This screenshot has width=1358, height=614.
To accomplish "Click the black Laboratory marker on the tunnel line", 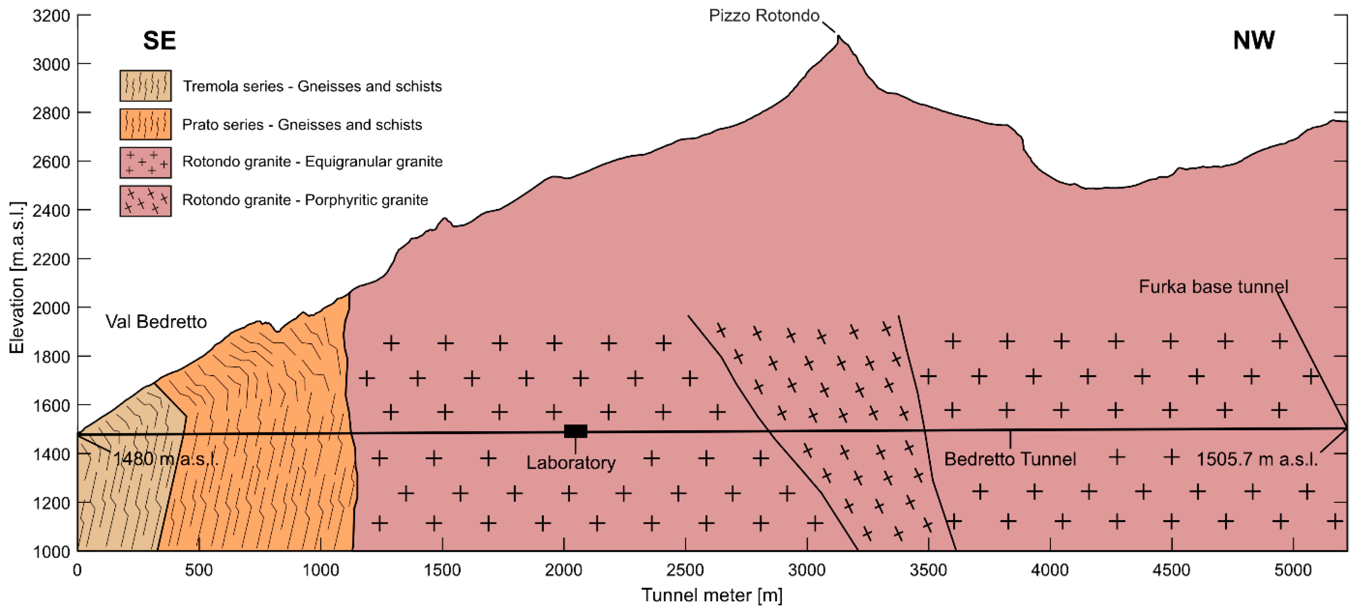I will click(x=575, y=431).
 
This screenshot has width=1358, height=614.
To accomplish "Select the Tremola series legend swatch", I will click(x=146, y=85).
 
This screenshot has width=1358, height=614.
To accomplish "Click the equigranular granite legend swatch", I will click(x=146, y=162).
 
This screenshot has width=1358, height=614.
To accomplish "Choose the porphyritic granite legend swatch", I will click(x=146, y=200).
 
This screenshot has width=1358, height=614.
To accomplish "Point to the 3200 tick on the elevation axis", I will click(x=51, y=16).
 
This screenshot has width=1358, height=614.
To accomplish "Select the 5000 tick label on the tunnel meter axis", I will click(x=1293, y=570).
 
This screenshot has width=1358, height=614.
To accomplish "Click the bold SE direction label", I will click(x=159, y=41).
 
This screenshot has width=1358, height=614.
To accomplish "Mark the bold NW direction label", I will click(x=1254, y=41).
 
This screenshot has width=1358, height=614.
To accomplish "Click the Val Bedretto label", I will click(x=156, y=321).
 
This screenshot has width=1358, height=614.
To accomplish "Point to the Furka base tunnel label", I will click(x=1213, y=287).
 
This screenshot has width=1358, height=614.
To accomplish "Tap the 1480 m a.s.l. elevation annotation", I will click(x=166, y=459).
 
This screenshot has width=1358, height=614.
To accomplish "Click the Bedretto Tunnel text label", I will click(x=1009, y=459).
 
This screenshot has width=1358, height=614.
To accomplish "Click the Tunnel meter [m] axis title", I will click(x=711, y=595).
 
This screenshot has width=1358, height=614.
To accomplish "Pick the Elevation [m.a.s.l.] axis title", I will click(x=17, y=277).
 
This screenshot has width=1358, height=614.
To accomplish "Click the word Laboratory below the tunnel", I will click(x=571, y=463).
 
